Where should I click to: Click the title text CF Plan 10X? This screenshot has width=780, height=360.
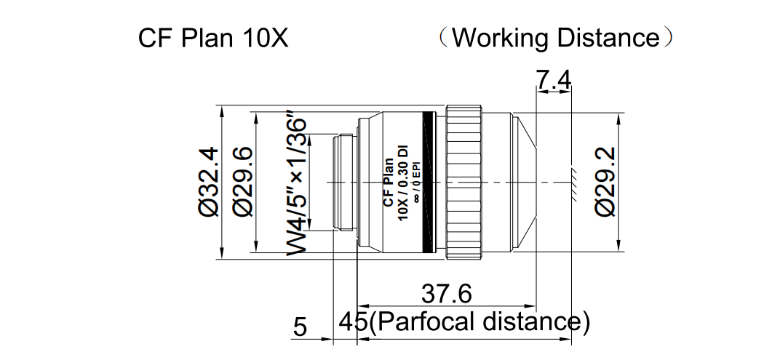click(213, 38)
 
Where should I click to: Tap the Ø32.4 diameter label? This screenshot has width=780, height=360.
click(208, 181)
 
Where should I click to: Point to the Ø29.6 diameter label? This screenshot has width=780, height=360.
click(242, 181)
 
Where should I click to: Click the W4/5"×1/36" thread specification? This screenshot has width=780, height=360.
click(296, 183)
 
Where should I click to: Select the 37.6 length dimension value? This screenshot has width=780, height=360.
click(447, 295)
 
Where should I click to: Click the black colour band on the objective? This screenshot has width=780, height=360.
click(434, 182)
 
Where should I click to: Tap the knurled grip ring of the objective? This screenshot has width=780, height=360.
click(463, 182)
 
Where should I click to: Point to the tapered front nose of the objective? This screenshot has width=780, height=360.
click(524, 182)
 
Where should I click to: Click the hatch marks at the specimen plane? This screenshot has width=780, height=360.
click(573, 182)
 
